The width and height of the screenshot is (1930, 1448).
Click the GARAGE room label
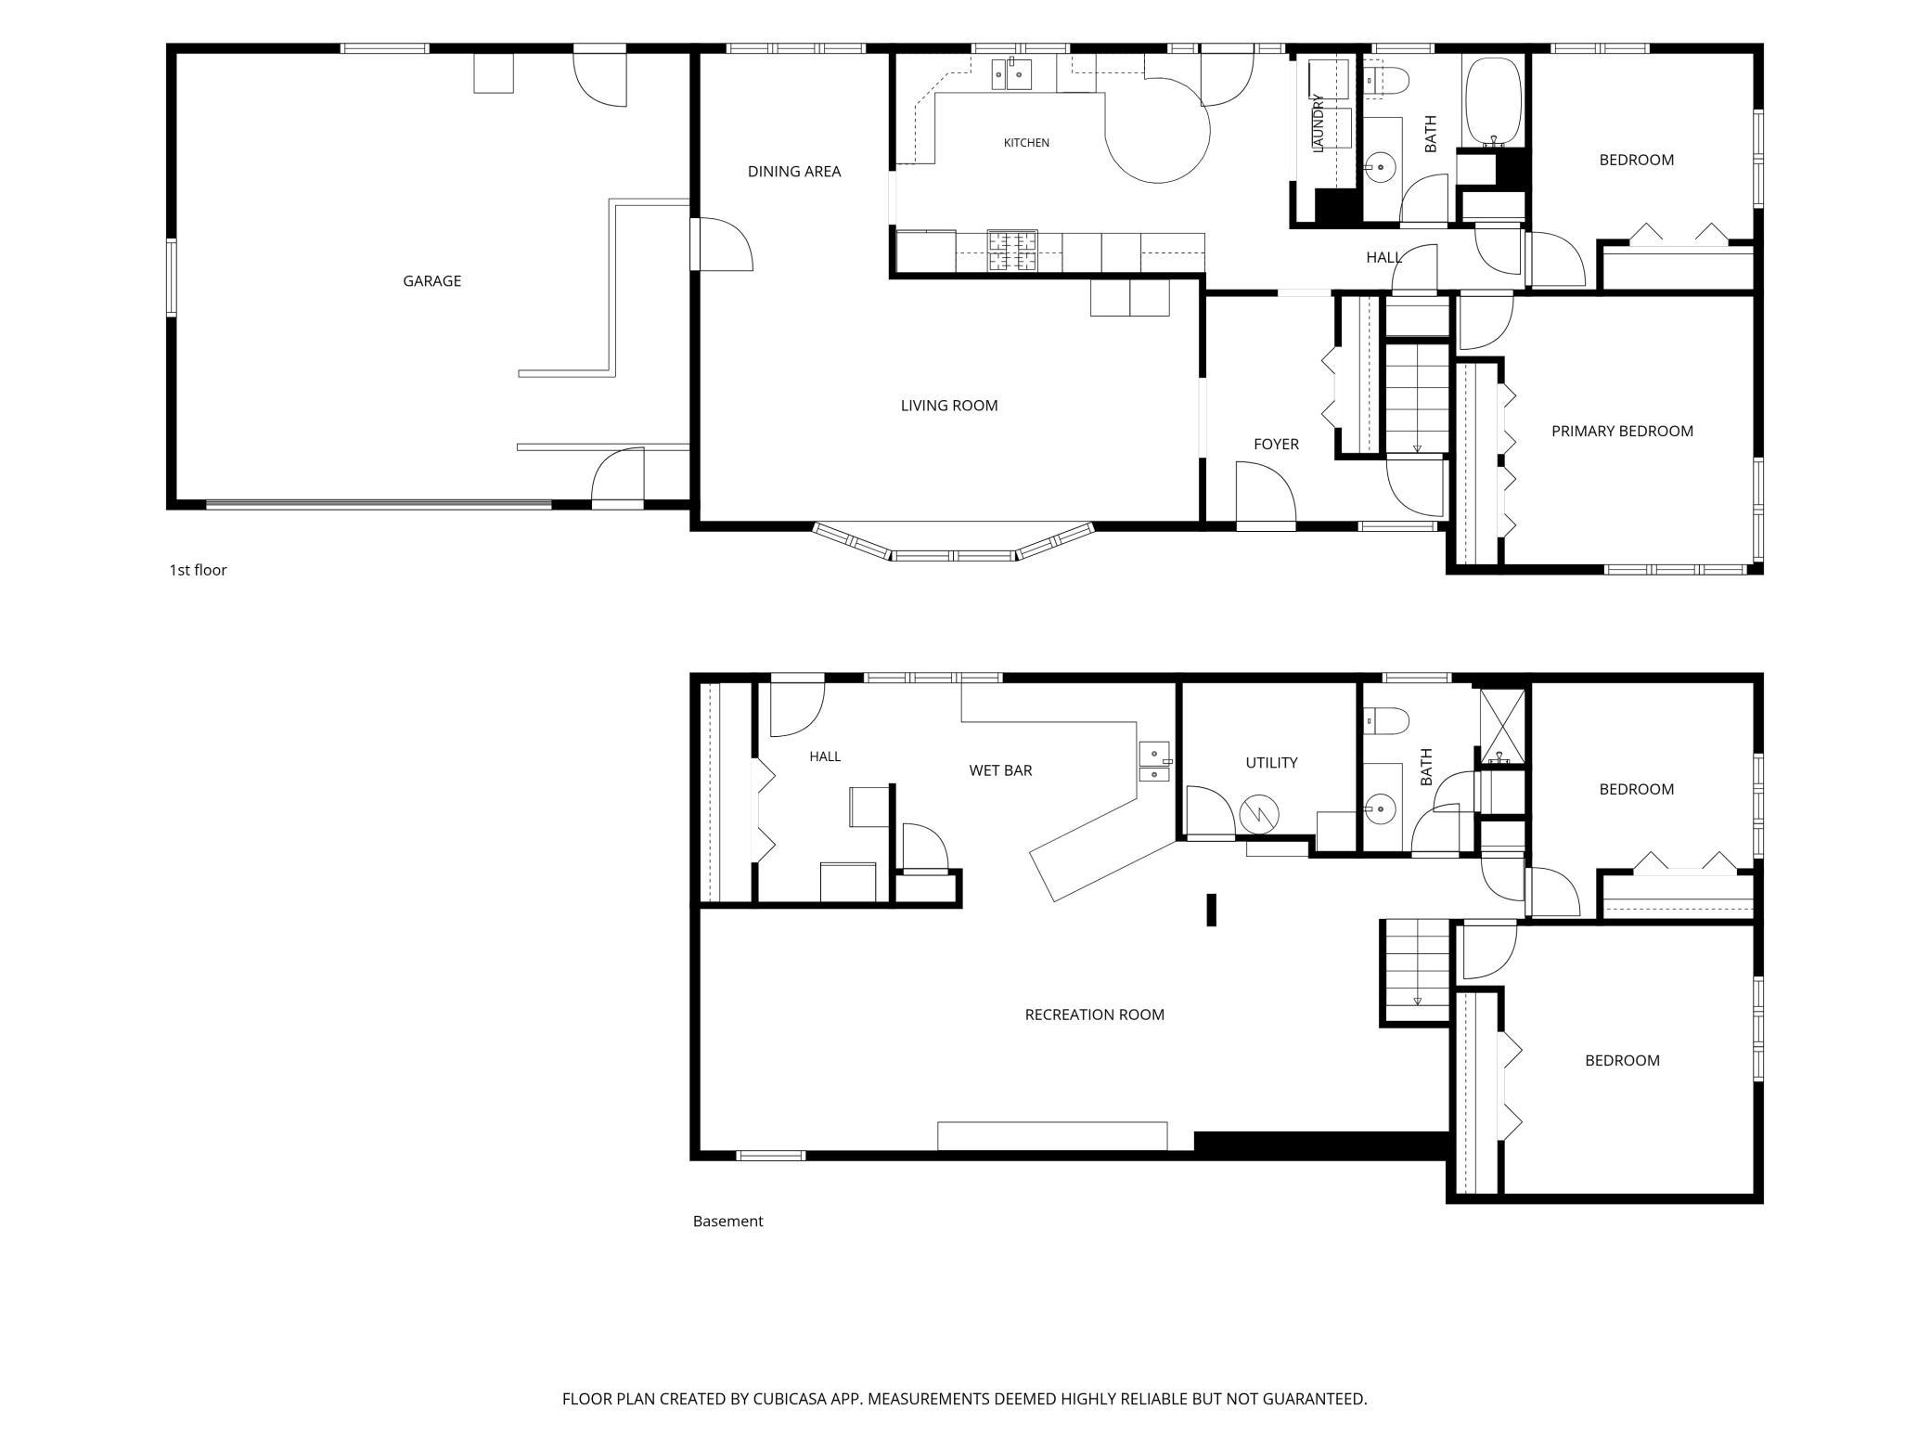(431, 281)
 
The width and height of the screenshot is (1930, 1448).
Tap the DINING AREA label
(794, 172)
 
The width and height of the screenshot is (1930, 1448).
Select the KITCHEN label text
(1026, 143)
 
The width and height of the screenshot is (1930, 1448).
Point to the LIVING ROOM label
(949, 406)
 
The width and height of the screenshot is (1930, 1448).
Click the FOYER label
(1276, 445)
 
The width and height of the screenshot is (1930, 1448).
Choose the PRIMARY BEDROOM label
(1622, 431)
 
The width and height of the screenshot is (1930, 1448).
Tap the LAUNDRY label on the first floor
(1318, 123)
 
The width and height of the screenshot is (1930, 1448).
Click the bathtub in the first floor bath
(1492, 101)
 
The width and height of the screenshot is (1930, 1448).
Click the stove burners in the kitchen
(1012, 251)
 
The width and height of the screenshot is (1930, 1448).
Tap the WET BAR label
(1000, 770)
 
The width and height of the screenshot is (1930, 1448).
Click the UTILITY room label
(1271, 763)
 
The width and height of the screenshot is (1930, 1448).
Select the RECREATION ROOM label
(1094, 1015)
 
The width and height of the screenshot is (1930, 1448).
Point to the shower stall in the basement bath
(1502, 727)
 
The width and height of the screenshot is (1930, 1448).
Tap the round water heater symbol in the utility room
(1259, 815)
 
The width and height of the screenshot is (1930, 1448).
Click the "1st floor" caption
(198, 570)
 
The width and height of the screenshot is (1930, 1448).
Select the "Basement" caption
(727, 1222)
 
